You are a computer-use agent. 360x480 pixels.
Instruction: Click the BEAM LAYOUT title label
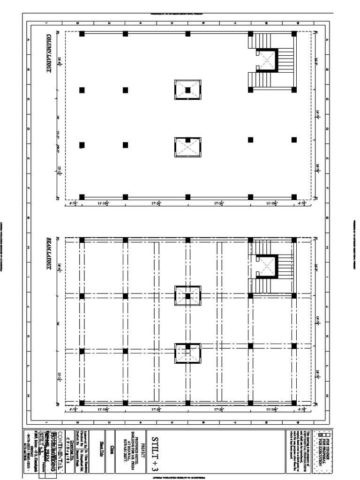click(49, 253)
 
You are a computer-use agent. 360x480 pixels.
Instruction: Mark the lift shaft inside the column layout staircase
click(268, 60)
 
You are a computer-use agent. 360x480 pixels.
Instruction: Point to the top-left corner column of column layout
click(82, 34)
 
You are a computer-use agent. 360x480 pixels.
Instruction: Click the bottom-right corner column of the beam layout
click(294, 403)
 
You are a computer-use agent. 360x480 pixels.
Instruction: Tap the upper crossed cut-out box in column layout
click(187, 90)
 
